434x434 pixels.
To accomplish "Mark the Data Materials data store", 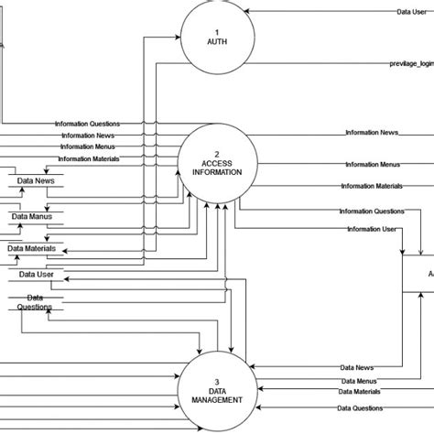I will pyautogui.click(x=32, y=248).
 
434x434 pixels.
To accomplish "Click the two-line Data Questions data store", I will pyautogui.click(x=35, y=303).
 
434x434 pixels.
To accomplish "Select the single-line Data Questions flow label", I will pyautogui.click(x=360, y=408).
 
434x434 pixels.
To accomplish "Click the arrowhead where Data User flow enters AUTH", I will pyautogui.click(x=250, y=12).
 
